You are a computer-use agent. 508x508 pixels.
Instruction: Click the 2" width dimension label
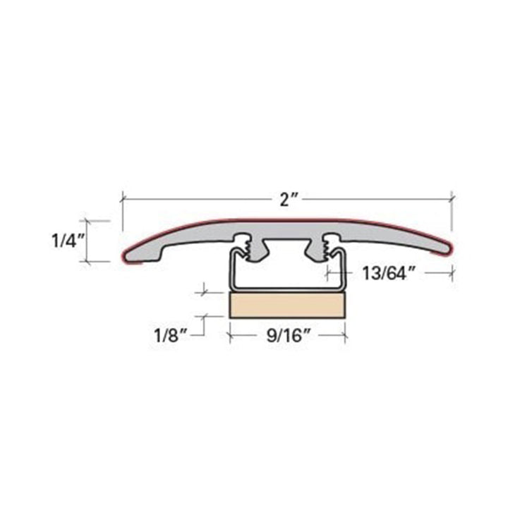pyautogui.click(x=286, y=200)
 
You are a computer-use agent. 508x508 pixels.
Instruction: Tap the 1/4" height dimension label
pyautogui.click(x=68, y=241)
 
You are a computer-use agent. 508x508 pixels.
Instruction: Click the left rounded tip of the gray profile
pyautogui.click(x=128, y=255)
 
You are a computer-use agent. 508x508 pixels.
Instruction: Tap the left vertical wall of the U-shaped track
pyautogui.click(x=230, y=272)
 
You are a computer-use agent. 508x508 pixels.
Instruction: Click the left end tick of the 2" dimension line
pyautogui.click(x=123, y=200)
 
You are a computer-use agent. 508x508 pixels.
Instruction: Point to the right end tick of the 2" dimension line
pyautogui.click(x=452, y=200)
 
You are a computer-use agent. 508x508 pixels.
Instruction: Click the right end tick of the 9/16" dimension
pyautogui.click(x=346, y=335)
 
